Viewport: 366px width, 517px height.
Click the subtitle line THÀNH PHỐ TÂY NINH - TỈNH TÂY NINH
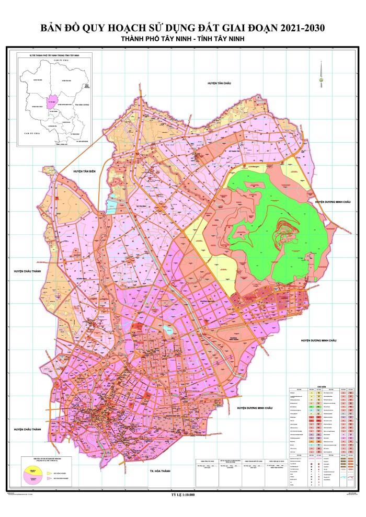[x=182, y=40]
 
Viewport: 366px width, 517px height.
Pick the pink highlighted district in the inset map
[x=51, y=101]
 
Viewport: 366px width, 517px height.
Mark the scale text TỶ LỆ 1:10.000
[x=182, y=493]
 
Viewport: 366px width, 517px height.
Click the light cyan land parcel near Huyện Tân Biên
[x=113, y=206]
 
